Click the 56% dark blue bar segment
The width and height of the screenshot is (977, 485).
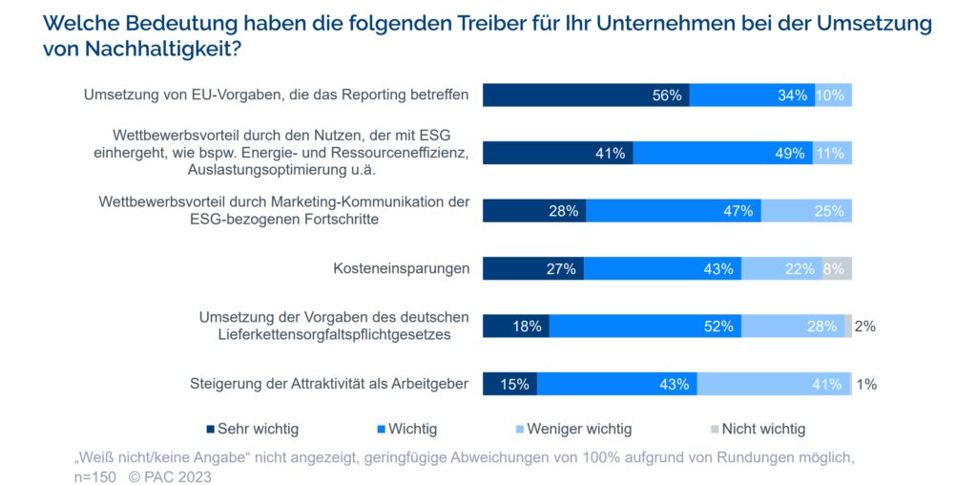coord(586,95)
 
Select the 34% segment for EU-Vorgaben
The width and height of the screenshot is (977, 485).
coord(752,95)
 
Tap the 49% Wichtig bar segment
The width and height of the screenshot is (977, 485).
coord(722,153)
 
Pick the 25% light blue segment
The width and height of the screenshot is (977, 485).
coord(806,211)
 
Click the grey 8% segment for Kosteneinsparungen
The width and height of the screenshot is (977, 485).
coord(837,269)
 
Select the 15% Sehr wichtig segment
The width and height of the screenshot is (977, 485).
coord(510,384)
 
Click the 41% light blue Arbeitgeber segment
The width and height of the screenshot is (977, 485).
coord(774,384)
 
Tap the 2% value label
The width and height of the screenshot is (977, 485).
coord(864,327)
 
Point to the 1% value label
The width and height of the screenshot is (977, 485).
coord(866,385)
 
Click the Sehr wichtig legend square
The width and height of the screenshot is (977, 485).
coord(210,430)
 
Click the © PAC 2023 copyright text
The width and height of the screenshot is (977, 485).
coord(170,476)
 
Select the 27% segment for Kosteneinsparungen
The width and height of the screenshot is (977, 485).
coord(533,269)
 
